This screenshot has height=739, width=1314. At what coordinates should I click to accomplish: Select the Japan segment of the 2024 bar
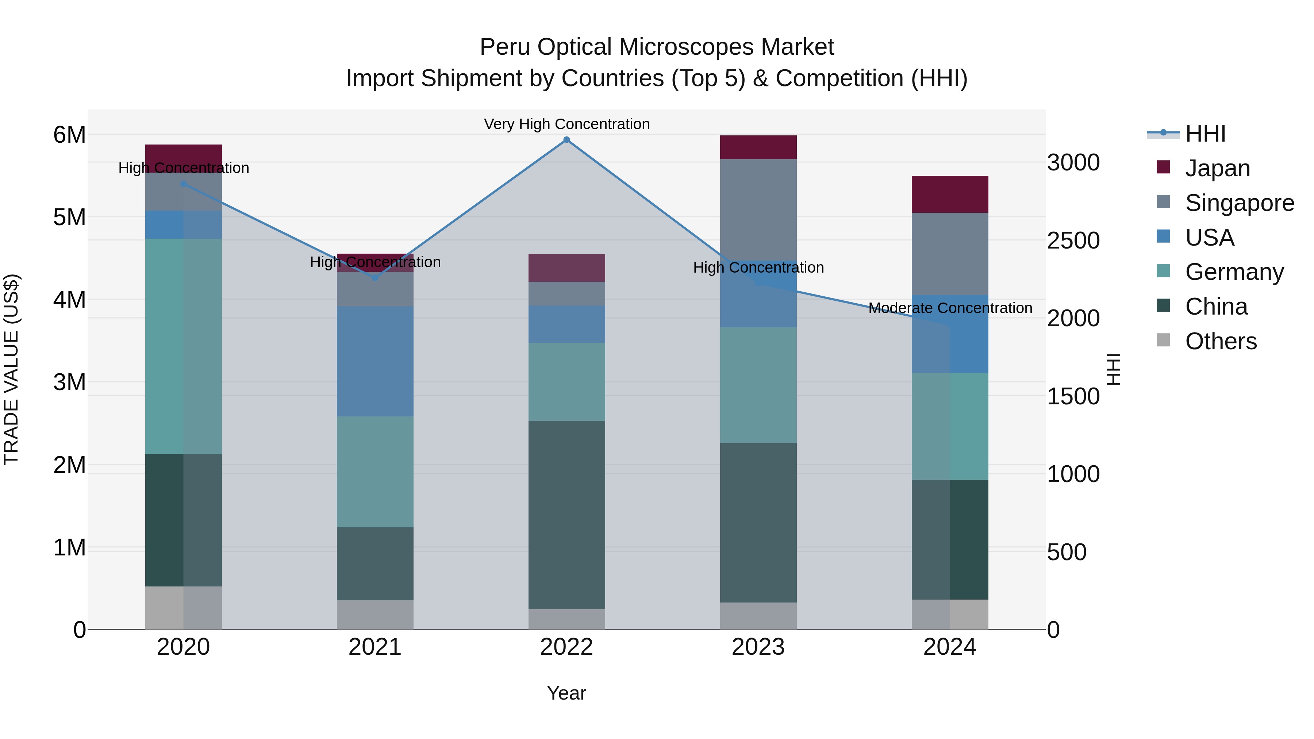pyautogui.click(x=950, y=194)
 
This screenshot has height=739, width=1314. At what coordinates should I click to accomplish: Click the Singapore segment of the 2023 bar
pyautogui.click(x=758, y=209)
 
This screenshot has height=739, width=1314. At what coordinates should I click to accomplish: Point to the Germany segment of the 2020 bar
pyautogui.click(x=183, y=346)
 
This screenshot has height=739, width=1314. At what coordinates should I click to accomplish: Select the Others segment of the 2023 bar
pyautogui.click(x=758, y=616)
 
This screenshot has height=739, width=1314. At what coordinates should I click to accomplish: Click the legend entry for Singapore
pyautogui.click(x=1239, y=203)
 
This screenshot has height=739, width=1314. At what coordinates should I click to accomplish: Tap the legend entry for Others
pyautogui.click(x=1220, y=341)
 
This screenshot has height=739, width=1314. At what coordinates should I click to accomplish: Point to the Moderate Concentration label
pyautogui.click(x=950, y=308)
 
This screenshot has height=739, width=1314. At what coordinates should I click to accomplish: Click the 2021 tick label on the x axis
pyautogui.click(x=375, y=647)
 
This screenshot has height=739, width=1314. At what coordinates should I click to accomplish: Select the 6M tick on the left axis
pyautogui.click(x=69, y=135)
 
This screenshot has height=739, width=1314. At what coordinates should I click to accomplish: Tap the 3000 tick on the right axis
pyautogui.click(x=1073, y=163)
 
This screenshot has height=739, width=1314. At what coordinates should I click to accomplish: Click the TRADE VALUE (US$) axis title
pyautogui.click(x=12, y=369)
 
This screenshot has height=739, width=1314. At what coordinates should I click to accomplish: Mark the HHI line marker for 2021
pyautogui.click(x=375, y=278)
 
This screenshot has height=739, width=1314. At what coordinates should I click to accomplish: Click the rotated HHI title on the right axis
pyautogui.click(x=1114, y=369)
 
